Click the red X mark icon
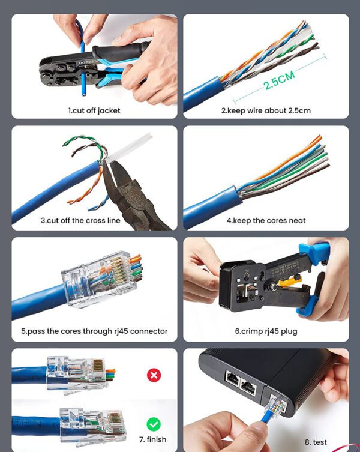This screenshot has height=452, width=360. pyautogui.click(x=154, y=375)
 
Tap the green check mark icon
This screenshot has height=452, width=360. pyautogui.click(x=154, y=424)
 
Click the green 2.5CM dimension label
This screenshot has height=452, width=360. pyautogui.click(x=279, y=80)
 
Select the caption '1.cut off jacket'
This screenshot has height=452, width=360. pyautogui.click(x=94, y=110)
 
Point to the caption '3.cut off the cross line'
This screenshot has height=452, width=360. pyautogui.click(x=80, y=221)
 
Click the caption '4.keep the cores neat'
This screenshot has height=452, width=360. pyautogui.click(x=266, y=221)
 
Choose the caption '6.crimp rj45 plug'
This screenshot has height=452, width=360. pyautogui.click(x=266, y=331)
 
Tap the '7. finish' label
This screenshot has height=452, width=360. pyautogui.click(x=153, y=439)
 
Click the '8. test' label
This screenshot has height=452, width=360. pyautogui.click(x=316, y=442)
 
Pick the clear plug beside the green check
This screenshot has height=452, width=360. pyautogui.click(x=93, y=425)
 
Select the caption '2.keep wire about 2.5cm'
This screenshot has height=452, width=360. pyautogui.click(x=266, y=110)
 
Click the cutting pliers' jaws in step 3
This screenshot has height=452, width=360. pyautogui.click(x=113, y=176)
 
